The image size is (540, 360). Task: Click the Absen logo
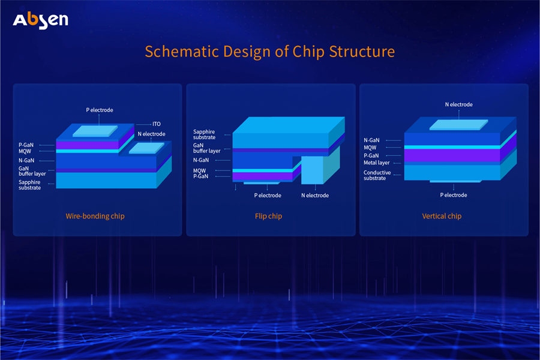point(41,20)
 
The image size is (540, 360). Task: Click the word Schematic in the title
point(178,51)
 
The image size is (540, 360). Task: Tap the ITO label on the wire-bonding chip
point(156,124)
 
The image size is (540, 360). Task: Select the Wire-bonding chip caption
point(95,216)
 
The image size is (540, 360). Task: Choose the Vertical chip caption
point(442,216)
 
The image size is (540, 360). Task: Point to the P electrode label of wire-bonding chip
point(100,110)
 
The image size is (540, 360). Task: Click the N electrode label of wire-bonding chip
point(151,134)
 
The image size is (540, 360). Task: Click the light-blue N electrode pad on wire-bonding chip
point(147,148)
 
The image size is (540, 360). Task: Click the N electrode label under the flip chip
point(314,195)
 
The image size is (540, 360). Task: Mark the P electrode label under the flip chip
point(268,195)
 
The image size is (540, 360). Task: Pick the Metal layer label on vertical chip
point(376,163)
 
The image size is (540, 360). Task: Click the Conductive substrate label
point(377,176)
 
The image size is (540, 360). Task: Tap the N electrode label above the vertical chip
point(458,104)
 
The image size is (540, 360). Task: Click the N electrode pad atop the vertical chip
point(458,125)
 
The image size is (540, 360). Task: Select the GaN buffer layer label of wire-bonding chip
point(31,171)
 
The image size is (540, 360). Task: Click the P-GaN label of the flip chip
point(200,177)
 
